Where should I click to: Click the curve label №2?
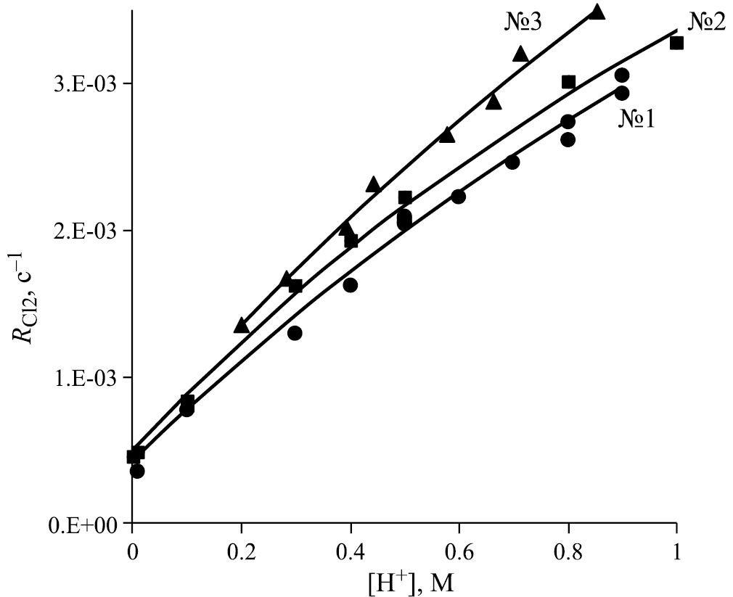(706, 22)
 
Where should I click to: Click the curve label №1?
(636, 118)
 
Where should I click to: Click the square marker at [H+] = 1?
(676, 43)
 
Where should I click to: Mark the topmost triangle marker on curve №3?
(597, 12)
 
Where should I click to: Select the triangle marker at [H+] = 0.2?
(242, 326)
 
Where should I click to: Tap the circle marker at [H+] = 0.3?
(295, 333)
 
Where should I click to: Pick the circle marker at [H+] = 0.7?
(512, 162)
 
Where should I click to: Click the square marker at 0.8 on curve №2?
(568, 82)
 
